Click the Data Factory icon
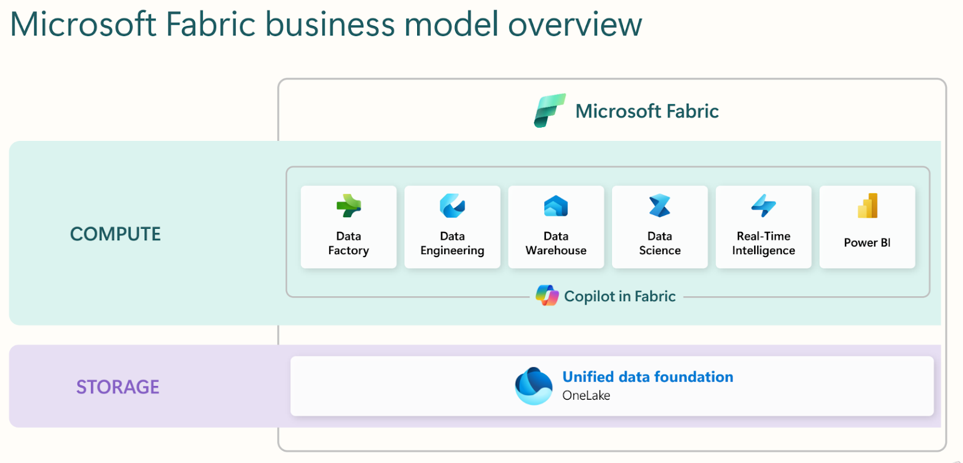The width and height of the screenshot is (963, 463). click(x=348, y=206)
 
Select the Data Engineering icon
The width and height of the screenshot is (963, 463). click(x=452, y=206)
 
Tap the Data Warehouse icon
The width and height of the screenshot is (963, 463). click(x=556, y=206)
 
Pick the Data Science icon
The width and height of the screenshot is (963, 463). click(x=660, y=206)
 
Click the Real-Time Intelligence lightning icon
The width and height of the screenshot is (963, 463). click(x=764, y=206)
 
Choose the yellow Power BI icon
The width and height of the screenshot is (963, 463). click(x=867, y=206)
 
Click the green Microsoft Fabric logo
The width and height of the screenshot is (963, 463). click(x=550, y=111)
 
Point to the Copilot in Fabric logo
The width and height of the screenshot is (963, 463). click(x=547, y=296)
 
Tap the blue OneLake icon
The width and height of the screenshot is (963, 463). click(x=533, y=386)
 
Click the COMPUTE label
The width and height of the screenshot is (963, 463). click(x=115, y=234)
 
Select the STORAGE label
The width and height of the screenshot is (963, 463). click(x=118, y=387)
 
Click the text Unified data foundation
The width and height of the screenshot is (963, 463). click(x=648, y=376)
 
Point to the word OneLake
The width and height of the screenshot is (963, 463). click(x=586, y=395)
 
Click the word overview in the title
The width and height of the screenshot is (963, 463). click(x=575, y=25)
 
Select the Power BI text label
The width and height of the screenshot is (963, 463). click(x=867, y=243)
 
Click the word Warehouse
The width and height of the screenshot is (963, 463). click(x=556, y=250)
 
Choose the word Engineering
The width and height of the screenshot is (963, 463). click(x=452, y=250)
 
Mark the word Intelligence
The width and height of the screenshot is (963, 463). click(x=764, y=250)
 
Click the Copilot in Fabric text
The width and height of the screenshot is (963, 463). click(x=619, y=296)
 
